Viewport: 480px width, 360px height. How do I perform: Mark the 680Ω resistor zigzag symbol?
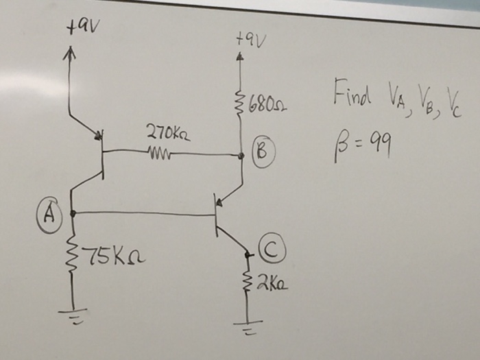click(x=240, y=105)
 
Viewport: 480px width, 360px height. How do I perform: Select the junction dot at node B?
click(x=241, y=156)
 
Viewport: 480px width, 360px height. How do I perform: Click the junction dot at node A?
click(x=71, y=212)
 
